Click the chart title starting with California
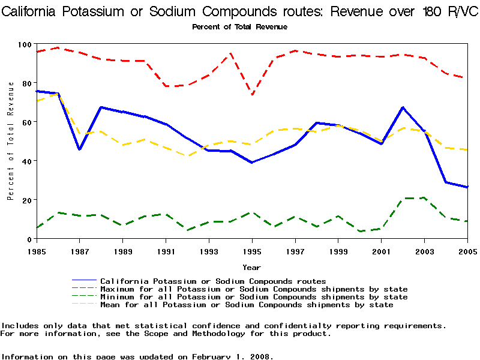tap(240, 11)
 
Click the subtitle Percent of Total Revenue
tap(239, 27)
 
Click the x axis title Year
tap(251, 267)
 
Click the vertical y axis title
tap(11, 142)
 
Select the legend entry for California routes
tap(213, 281)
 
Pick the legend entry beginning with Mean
tap(247, 305)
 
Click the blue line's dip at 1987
tap(79, 149)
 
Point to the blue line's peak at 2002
tap(403, 107)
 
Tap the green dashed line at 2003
tap(424, 197)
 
